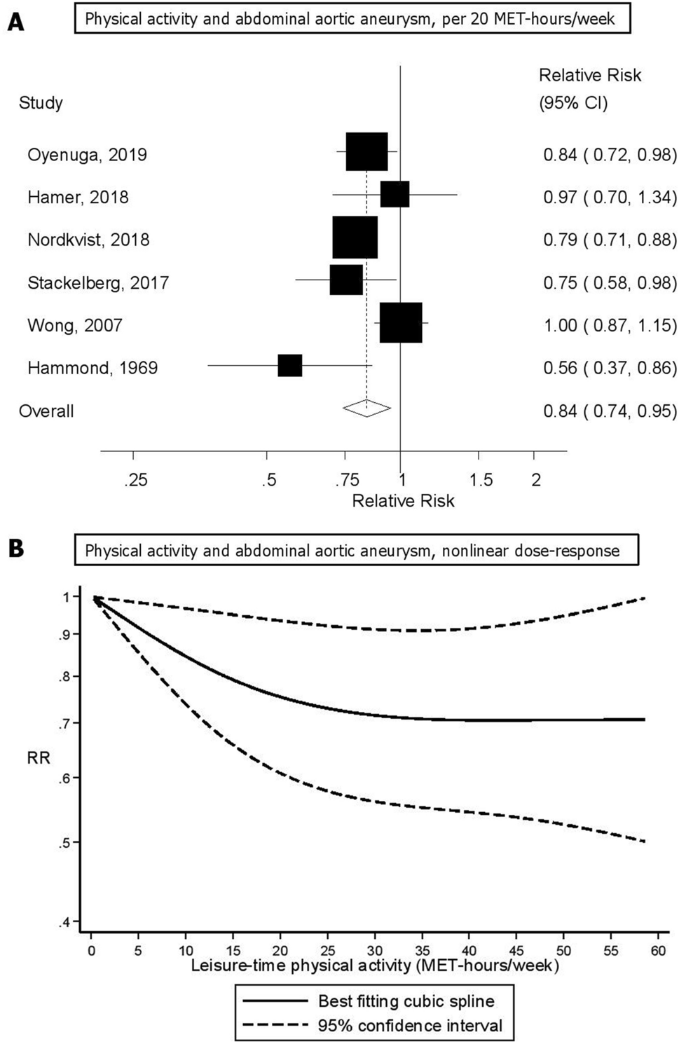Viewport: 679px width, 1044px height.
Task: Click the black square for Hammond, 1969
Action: (x=289, y=366)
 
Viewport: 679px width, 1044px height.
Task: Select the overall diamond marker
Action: (x=366, y=408)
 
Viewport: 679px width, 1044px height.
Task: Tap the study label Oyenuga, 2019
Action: (x=87, y=155)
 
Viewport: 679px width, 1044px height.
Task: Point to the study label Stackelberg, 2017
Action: (x=98, y=283)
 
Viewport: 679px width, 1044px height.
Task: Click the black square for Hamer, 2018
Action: (x=395, y=194)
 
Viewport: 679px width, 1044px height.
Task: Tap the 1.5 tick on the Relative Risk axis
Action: (x=481, y=480)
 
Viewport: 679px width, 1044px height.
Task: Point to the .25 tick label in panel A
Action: (x=136, y=480)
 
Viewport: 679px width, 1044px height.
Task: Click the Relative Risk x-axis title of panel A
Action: (x=403, y=501)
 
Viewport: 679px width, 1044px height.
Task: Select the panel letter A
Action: (x=15, y=22)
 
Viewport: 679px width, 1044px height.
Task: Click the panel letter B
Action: (x=15, y=549)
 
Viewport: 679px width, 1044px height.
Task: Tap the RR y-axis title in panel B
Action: (x=39, y=757)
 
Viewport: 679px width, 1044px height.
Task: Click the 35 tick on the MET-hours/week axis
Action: (x=422, y=951)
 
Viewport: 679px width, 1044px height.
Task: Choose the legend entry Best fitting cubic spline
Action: (x=406, y=1001)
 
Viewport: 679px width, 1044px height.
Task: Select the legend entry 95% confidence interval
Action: (x=410, y=1026)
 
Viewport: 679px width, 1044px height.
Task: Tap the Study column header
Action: (x=41, y=103)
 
